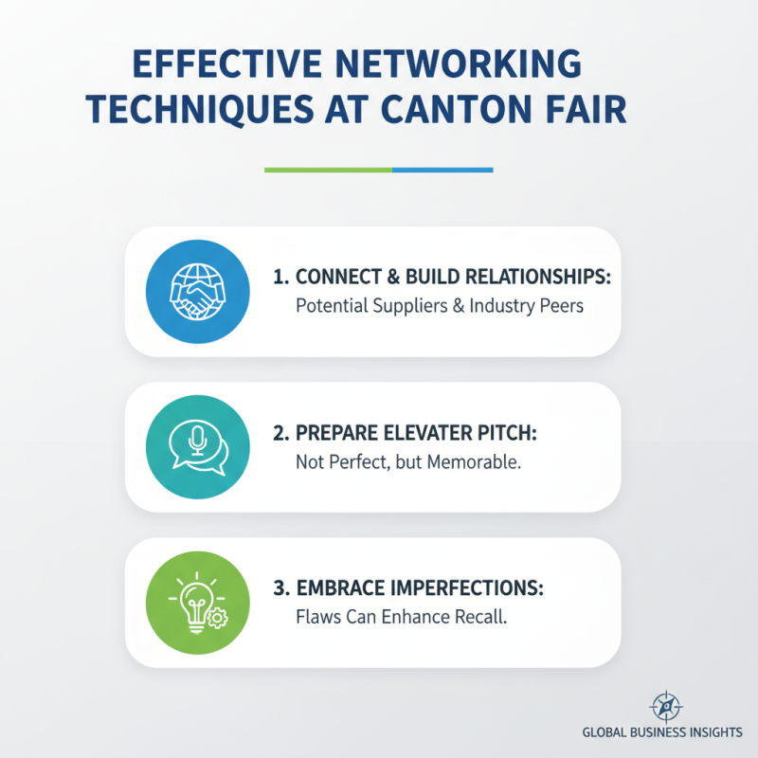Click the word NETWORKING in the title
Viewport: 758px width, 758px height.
(459, 63)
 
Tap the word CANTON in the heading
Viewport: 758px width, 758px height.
(457, 109)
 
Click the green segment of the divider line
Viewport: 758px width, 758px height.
(328, 171)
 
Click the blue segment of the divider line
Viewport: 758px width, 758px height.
(442, 171)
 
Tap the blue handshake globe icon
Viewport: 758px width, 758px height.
(198, 292)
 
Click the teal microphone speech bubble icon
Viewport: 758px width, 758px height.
(198, 446)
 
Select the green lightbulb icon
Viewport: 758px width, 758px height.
(198, 603)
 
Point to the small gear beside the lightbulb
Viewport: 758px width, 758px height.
(218, 618)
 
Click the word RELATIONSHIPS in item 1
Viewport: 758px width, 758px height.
(536, 277)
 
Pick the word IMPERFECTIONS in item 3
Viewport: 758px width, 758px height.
(466, 588)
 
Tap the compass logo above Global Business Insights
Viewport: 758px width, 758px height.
(666, 707)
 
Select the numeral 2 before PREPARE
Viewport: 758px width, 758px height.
(279, 433)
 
